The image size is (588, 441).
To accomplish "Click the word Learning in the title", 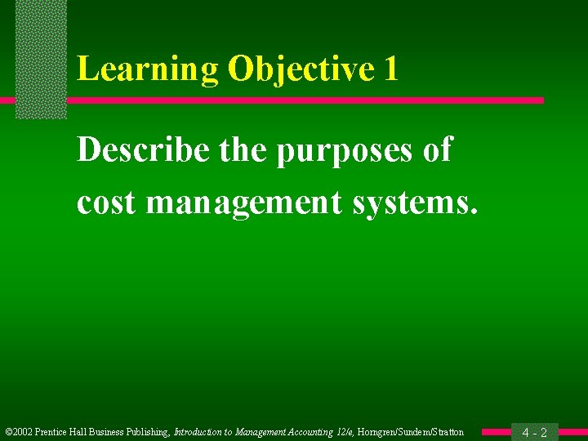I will point(148,69).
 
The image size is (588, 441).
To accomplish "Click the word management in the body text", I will point(245,203).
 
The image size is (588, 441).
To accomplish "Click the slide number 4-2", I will point(534,432).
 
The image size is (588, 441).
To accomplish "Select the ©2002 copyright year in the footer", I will point(19,432).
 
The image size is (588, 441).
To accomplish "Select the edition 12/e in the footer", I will point(344,432).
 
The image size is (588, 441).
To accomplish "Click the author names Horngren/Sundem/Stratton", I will point(411,432).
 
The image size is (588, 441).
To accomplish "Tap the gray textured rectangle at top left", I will point(41,57).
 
